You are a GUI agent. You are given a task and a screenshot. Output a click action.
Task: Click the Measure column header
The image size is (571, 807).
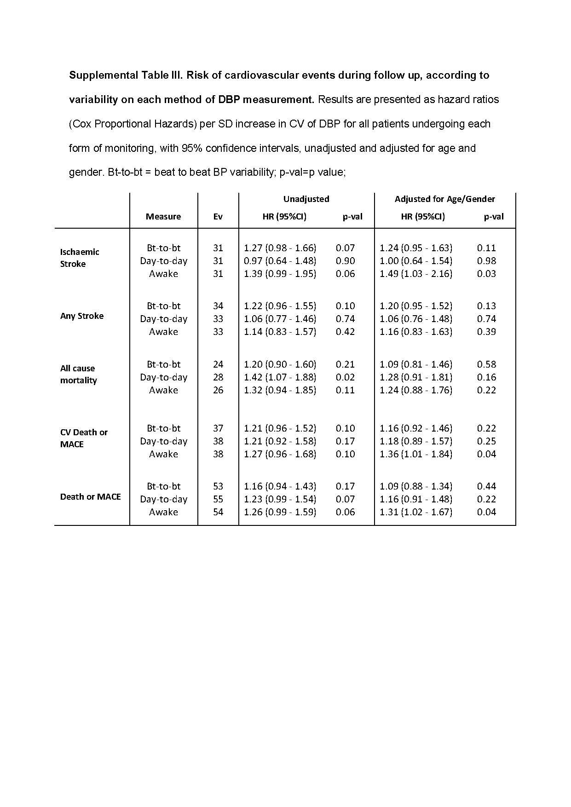[163, 217]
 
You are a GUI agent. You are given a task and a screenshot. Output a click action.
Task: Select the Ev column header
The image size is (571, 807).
[218, 217]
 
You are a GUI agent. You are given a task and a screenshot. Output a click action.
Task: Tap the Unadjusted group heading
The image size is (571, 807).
[306, 199]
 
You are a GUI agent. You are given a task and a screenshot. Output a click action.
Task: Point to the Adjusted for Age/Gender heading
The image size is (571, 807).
[445, 199]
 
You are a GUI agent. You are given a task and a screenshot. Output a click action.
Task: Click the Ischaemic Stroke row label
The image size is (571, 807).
[80, 258]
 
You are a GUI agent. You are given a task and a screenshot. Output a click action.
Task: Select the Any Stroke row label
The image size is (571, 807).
[82, 316]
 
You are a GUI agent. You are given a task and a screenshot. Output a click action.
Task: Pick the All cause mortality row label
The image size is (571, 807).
[78, 375]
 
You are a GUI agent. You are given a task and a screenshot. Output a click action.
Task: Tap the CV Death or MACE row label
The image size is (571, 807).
[84, 438]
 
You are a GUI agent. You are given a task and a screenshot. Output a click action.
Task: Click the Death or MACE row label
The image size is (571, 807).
[90, 497]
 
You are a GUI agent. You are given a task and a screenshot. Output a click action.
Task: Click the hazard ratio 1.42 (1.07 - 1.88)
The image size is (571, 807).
[280, 377]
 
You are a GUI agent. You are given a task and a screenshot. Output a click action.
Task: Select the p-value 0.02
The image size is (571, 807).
[345, 377]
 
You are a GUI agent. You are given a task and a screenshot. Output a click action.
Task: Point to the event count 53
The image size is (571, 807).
[218, 486]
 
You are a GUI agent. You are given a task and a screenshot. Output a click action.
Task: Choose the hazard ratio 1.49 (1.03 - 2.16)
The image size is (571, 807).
[416, 274]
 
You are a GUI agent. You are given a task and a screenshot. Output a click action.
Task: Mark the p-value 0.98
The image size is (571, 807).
[486, 261]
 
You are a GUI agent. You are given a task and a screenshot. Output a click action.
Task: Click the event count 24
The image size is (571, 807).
[218, 364]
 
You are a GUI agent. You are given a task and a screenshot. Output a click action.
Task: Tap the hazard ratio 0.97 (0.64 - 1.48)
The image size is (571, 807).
[280, 261]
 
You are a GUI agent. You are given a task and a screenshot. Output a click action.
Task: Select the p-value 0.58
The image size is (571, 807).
[486, 364]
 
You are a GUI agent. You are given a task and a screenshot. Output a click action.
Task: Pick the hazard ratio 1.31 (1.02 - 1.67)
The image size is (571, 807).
[416, 512]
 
